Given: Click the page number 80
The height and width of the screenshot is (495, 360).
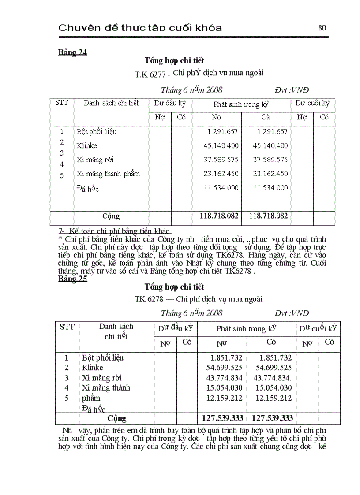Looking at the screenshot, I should (x=322, y=28).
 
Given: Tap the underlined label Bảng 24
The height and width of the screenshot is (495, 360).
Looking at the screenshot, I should (x=73, y=52).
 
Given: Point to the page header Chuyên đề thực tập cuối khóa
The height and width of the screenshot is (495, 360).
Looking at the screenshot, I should (x=140, y=28).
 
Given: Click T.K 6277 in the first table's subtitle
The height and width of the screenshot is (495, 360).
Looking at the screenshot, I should (x=150, y=74).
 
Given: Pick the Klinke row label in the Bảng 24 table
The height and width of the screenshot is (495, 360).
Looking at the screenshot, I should (x=86, y=145).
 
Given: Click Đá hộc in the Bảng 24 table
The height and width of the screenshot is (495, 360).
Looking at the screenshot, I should (x=87, y=189).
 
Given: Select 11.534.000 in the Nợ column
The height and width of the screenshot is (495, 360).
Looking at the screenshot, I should (x=221, y=188).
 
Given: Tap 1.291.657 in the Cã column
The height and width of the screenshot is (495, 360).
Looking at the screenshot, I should (x=272, y=131).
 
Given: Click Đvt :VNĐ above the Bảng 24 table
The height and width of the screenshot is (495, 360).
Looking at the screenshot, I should (x=292, y=90).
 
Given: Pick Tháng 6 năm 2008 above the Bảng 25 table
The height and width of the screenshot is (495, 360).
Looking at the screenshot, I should (x=191, y=313).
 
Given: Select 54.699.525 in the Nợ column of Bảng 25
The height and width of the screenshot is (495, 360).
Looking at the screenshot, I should (x=224, y=368).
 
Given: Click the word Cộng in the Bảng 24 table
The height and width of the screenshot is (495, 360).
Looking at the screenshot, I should (x=111, y=216).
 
